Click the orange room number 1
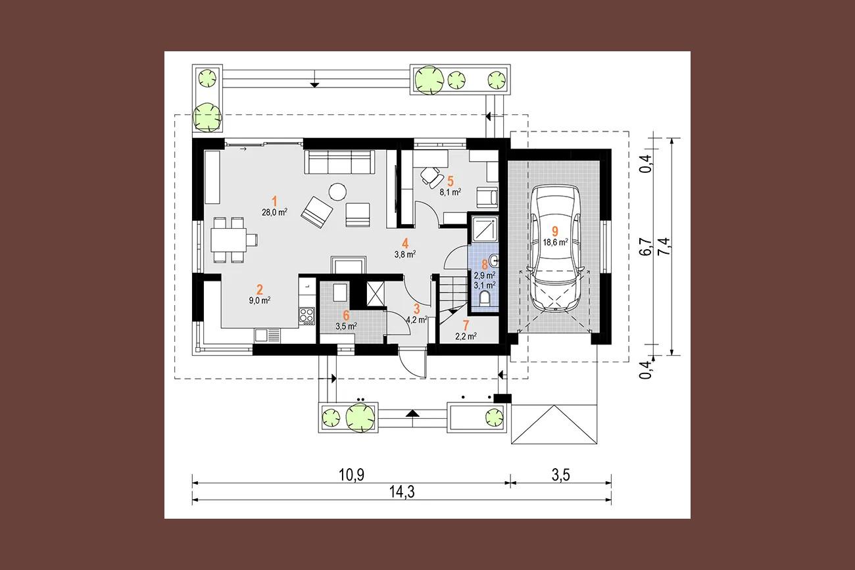[x=274, y=201]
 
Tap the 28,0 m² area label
[x=274, y=212]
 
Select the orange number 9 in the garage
[x=555, y=231]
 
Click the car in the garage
[x=555, y=248]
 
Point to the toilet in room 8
[x=485, y=298]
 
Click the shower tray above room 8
[x=485, y=229]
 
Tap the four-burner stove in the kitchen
[x=307, y=316]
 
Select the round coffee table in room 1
[x=338, y=191]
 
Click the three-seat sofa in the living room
[x=339, y=161]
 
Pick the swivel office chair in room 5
[x=431, y=177]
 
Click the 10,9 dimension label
[x=352, y=475]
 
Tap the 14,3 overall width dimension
[x=402, y=492]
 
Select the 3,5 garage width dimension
[x=561, y=475]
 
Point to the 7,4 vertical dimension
[x=664, y=247]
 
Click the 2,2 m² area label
[x=466, y=336]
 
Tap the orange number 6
[x=346, y=316]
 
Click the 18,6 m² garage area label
[x=555, y=243]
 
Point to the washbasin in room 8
[x=493, y=261]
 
